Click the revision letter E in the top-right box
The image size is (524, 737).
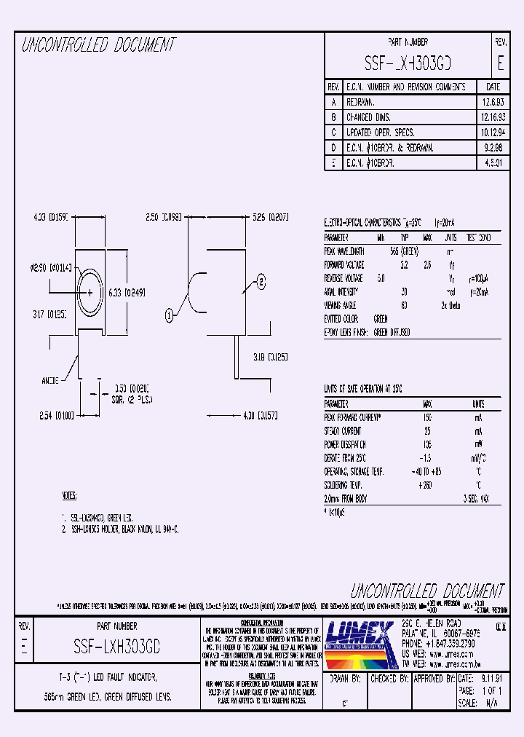(500, 63)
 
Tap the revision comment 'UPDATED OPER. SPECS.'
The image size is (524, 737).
(380, 133)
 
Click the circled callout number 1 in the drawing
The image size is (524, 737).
(169, 315)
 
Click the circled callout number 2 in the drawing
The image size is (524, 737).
(261, 280)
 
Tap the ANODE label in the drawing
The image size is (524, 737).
(52, 380)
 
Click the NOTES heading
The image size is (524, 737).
(70, 496)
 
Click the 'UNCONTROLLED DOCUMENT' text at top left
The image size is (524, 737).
(99, 45)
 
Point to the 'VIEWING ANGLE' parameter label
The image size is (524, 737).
(341, 305)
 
